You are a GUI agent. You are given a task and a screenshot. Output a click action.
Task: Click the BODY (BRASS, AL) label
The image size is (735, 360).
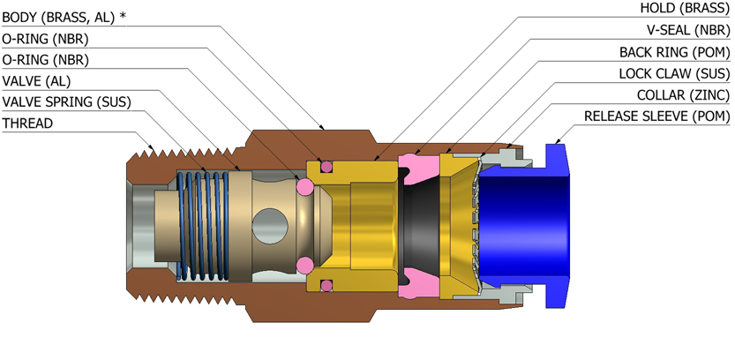[x=58, y=17]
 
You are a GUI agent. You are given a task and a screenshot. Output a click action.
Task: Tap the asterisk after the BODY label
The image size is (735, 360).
[x=123, y=16]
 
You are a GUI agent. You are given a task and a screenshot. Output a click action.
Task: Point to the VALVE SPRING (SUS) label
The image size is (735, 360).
[x=66, y=102]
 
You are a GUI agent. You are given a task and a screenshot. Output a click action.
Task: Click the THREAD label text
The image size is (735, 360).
[x=27, y=124]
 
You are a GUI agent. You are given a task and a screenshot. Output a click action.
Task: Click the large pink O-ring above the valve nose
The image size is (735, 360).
[x=305, y=186]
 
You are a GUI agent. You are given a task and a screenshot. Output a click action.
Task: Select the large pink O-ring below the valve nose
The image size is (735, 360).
[x=305, y=264]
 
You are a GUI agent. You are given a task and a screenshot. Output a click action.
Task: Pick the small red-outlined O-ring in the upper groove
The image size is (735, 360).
[x=326, y=166]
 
